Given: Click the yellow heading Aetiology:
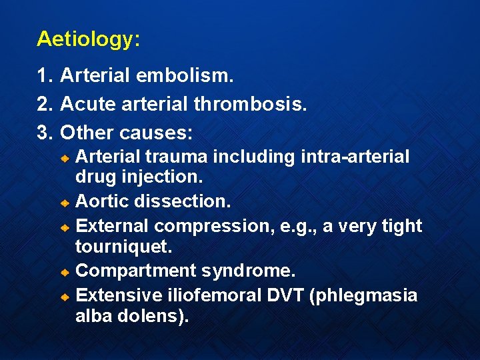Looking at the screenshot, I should pyautogui.click(x=88, y=39).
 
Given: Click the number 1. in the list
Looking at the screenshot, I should pyautogui.click(x=45, y=77).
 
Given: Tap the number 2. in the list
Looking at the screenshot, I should pyautogui.click(x=45, y=105).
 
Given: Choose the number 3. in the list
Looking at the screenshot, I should pyautogui.click(x=45, y=133).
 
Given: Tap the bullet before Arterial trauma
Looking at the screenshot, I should pyautogui.click(x=66, y=158).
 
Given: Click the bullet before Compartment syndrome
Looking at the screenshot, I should pyautogui.click(x=66, y=273).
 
